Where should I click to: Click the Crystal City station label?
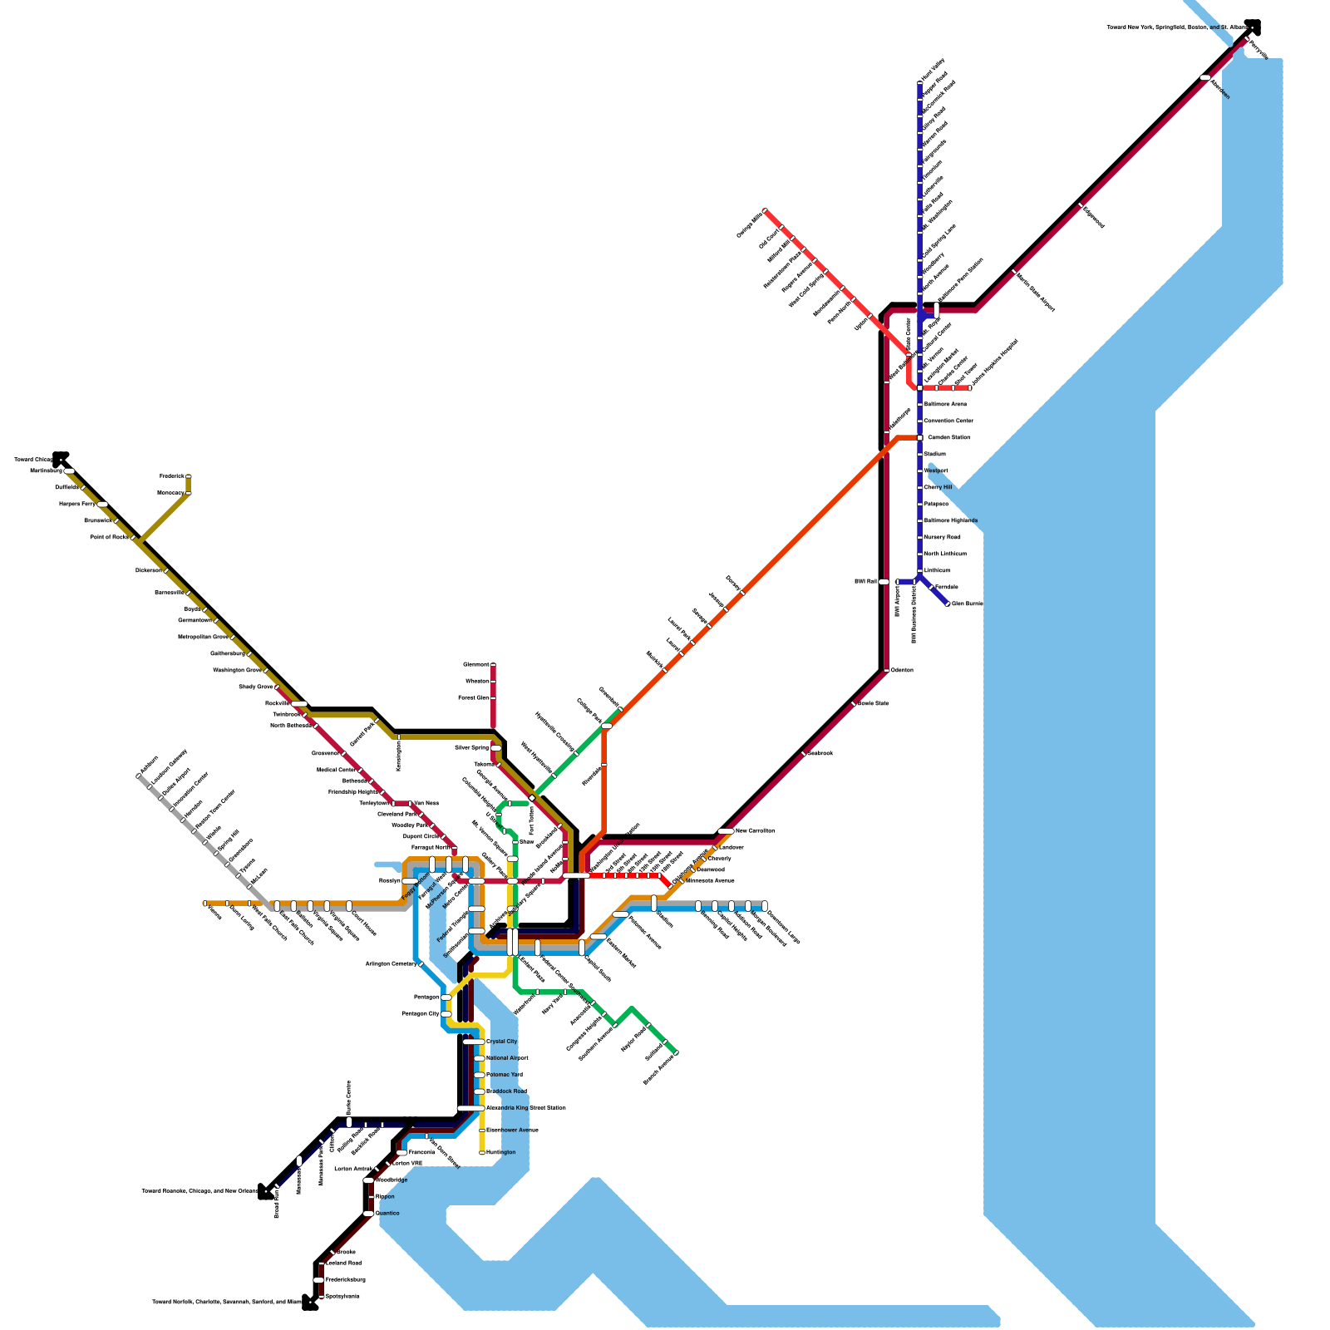pyautogui.click(x=501, y=1042)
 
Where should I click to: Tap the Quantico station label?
pyautogui.click(x=388, y=1214)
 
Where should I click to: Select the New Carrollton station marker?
pyautogui.click(x=726, y=831)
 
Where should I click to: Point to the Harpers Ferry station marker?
pyautogui.click(x=102, y=505)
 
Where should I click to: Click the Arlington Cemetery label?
pyautogui.click(x=391, y=964)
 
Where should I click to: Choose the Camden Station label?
pyautogui.click(x=948, y=437)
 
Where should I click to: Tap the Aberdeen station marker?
pyautogui.click(x=1205, y=77)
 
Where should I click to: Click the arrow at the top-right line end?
pyautogui.click(x=1253, y=27)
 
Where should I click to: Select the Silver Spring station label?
pyautogui.click(x=472, y=748)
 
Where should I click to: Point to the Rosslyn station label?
pyautogui.click(x=389, y=881)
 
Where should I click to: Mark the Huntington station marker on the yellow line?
pyautogui.click(x=482, y=1152)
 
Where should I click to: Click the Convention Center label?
pyautogui.click(x=948, y=421)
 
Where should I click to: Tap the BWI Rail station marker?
pyautogui.click(x=884, y=582)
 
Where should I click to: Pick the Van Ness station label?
pyautogui.click(x=426, y=804)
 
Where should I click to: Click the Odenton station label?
pyautogui.click(x=902, y=670)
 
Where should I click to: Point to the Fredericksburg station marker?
pyautogui.click(x=318, y=1279)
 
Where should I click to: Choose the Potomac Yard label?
pyautogui.click(x=505, y=1075)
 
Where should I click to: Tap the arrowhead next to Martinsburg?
pyautogui.click(x=61, y=458)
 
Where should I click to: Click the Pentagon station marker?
pyautogui.click(x=446, y=997)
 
